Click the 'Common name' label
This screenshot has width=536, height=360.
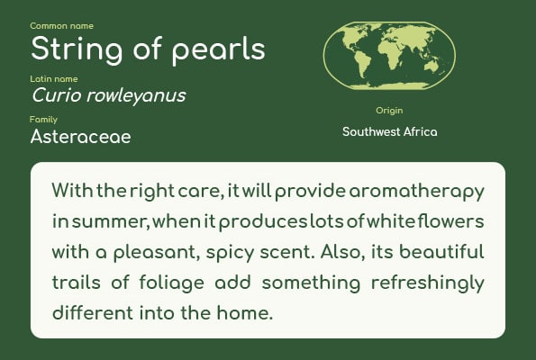click(x=61, y=26)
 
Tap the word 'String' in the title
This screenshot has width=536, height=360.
click(x=77, y=49)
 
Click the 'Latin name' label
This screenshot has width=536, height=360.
click(x=54, y=79)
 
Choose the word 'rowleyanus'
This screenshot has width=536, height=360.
click(x=136, y=96)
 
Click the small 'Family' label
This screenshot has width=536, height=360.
click(x=43, y=120)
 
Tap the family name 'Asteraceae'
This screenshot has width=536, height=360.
click(x=81, y=137)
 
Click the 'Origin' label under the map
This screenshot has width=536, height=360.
click(x=389, y=111)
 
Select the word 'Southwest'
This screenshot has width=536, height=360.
click(x=371, y=131)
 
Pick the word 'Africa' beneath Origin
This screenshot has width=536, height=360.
click(x=420, y=131)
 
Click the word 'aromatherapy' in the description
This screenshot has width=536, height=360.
click(x=416, y=192)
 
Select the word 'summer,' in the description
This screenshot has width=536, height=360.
click(x=111, y=222)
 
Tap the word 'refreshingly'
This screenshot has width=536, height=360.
click(x=428, y=283)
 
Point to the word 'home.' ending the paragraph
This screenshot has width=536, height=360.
click(x=245, y=313)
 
